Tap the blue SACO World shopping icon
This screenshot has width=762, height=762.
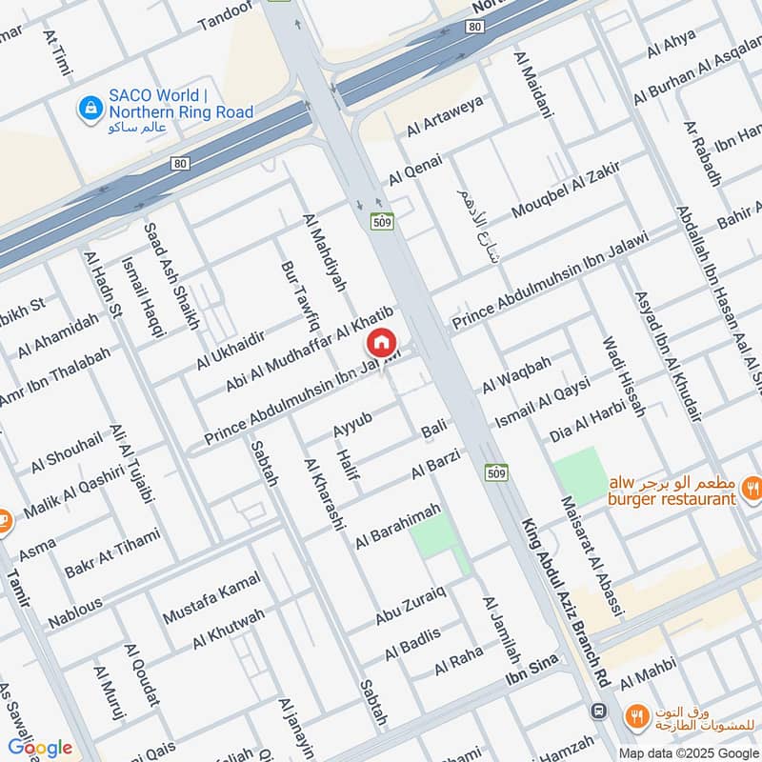pyautogui.click(x=90, y=107)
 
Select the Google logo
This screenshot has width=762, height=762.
pyautogui.click(x=39, y=747)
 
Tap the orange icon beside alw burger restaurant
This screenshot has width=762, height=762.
pyautogui.click(x=752, y=491)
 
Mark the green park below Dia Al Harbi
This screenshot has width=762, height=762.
pyautogui.click(x=580, y=473)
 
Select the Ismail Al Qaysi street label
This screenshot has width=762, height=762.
pyautogui.click(x=543, y=402)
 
